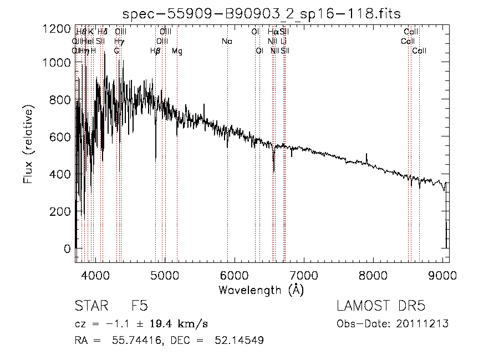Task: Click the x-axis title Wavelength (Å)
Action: (x=261, y=290)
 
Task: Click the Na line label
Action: (x=226, y=42)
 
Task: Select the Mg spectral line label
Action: (x=177, y=51)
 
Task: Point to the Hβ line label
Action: (x=155, y=51)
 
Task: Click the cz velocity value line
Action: (x=141, y=323)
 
